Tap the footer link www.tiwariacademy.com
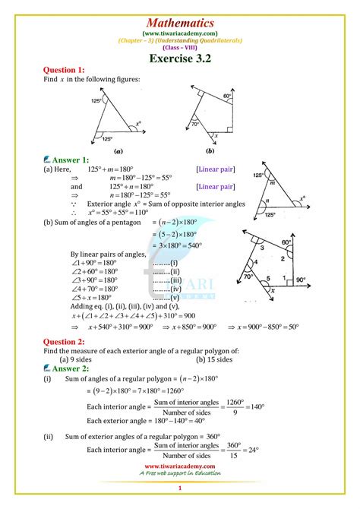coord(180,466)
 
